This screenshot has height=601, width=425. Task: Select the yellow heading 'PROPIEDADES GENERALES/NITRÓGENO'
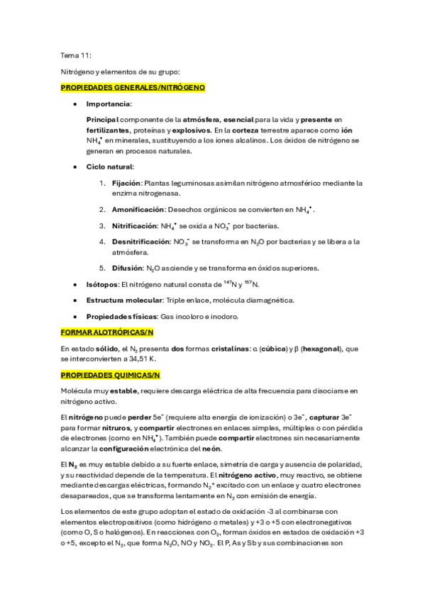133,87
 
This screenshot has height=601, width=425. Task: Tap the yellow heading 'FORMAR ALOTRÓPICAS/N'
107,332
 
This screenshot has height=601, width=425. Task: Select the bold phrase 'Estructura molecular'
123,300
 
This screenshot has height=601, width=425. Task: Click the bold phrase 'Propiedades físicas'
122,316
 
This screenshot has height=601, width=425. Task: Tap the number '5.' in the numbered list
103,268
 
